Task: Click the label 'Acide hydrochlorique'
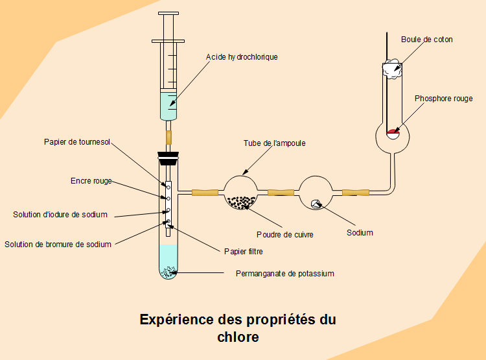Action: pyautogui.click(x=242, y=57)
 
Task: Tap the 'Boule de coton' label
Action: pyautogui.click(x=426, y=40)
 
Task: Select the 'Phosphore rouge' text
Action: pyautogui.click(x=443, y=99)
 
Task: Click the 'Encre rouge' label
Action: pyautogui.click(x=91, y=181)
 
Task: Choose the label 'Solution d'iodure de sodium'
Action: pyautogui.click(x=60, y=215)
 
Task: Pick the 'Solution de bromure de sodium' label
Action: pyautogui.click(x=58, y=245)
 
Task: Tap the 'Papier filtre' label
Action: pyautogui.click(x=243, y=251)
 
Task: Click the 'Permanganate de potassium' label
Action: pyautogui.click(x=284, y=274)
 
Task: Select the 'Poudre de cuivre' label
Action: pyautogui.click(x=285, y=234)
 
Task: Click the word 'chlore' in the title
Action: pyautogui.click(x=238, y=337)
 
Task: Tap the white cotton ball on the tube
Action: pyautogui.click(x=393, y=68)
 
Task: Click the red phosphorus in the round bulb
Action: pyautogui.click(x=393, y=133)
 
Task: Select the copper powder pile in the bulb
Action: pyautogui.click(x=242, y=202)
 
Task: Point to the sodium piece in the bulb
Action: pyautogui.click(x=316, y=204)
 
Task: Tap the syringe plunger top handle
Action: pyautogui.click(x=168, y=14)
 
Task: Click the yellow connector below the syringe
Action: pyautogui.click(x=169, y=137)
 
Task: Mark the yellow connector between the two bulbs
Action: pyautogui.click(x=281, y=192)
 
